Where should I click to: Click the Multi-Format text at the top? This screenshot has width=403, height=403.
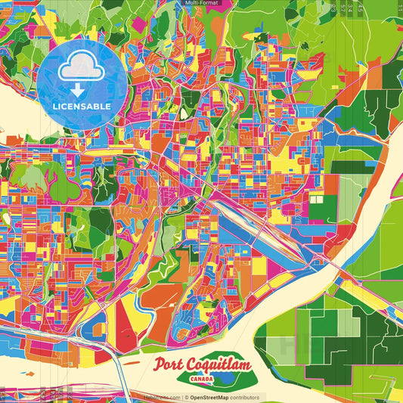(x=201, y=3)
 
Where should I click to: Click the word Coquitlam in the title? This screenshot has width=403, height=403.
(x=223, y=365)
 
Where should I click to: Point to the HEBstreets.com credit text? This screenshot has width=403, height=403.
(x=161, y=397)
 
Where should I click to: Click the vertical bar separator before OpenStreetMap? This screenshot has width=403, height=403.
(x=185, y=397)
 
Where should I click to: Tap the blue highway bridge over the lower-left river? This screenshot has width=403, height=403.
(x=106, y=355)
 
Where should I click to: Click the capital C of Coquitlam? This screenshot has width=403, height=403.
(x=198, y=365)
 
